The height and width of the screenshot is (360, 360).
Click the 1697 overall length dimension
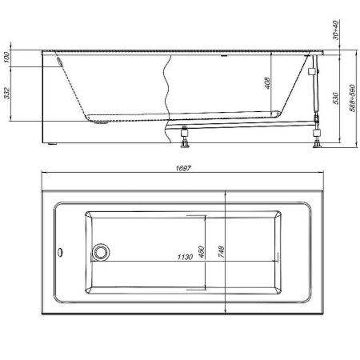183,168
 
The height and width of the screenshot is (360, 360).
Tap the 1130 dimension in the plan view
185,257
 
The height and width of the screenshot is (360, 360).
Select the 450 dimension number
202,252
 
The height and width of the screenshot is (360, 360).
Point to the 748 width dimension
221,252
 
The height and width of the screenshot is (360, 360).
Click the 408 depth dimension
267,83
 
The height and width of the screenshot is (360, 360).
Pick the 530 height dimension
336,98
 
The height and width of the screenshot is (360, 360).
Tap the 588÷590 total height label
352,98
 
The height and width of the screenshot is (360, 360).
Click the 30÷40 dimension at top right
336,30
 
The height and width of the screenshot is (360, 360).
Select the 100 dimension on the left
6,58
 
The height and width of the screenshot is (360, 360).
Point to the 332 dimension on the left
6,94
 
